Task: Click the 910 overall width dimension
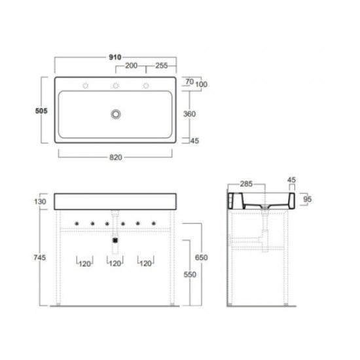115,57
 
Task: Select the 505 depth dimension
41,111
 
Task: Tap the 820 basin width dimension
116,158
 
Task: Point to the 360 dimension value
189,114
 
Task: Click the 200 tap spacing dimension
132,65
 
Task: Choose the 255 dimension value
162,65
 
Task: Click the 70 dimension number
190,82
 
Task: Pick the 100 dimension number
202,84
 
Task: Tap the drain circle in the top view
116,114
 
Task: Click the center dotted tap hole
116,86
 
